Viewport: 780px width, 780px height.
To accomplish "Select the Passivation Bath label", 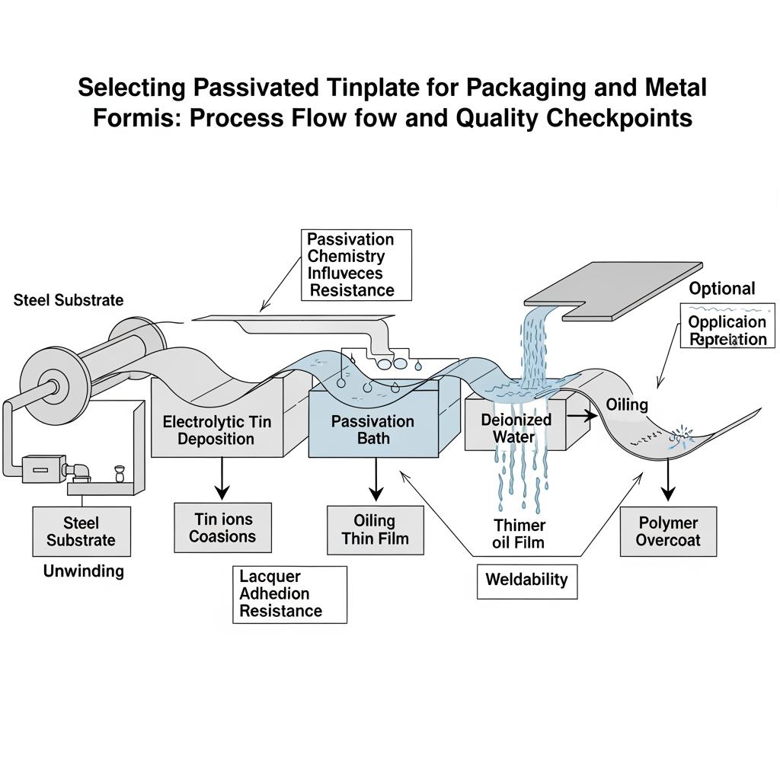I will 372,430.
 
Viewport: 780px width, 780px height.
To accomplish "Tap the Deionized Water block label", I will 516,428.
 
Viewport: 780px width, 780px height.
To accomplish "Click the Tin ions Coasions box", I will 222,528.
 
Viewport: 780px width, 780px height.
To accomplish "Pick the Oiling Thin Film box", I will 375,530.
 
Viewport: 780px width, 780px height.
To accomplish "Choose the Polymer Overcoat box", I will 667,532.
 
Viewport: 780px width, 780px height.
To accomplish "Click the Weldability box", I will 526,580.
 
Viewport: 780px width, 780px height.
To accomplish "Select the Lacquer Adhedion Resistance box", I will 280,594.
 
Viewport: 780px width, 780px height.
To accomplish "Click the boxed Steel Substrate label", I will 81,532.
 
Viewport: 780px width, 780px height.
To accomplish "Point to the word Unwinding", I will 84,571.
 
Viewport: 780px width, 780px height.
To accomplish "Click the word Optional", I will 721,289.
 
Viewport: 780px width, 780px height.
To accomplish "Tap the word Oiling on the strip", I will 627,404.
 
